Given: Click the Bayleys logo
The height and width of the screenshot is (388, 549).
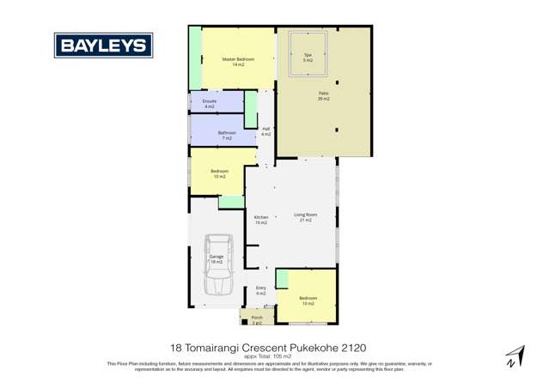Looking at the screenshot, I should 103,45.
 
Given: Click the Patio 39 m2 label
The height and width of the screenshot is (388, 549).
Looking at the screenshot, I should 324,96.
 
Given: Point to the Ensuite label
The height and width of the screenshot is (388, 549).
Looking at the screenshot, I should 209,104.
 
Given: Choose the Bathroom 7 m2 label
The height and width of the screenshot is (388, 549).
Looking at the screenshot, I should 227,135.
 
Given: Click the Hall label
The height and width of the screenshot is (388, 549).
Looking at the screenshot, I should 265,131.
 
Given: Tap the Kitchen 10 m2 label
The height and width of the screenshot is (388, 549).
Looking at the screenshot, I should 261,220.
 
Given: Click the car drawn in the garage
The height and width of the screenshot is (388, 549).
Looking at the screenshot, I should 217,266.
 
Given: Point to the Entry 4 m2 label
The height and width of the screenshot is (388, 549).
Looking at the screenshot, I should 261,290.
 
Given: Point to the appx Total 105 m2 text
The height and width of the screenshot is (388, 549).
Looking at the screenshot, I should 274,356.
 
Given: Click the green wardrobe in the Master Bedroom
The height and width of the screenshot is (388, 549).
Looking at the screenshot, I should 195,58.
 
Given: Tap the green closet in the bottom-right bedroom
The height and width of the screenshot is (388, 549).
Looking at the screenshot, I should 282,279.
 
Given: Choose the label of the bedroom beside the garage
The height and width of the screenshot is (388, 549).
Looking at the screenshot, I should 220,173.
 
